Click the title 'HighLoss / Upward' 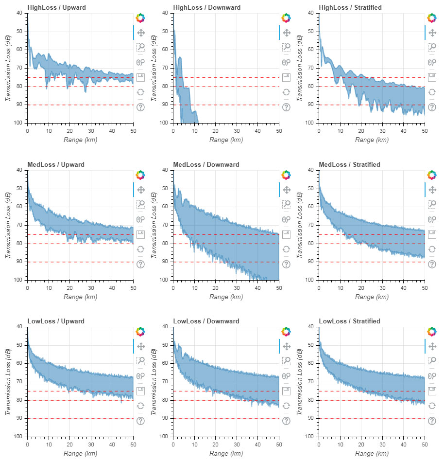click(x=56, y=8)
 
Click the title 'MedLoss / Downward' click(x=206, y=165)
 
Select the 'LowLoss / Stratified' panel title click(x=350, y=321)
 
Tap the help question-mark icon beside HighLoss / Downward click(x=286, y=107)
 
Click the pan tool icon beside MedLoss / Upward click(x=141, y=190)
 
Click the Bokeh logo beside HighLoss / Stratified click(x=431, y=18)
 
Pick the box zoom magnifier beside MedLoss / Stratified click(x=431, y=204)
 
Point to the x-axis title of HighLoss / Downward click(x=226, y=140)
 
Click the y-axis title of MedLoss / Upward click(x=8, y=225)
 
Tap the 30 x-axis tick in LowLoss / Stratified click(x=382, y=444)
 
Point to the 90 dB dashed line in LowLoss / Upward click(x=80, y=419)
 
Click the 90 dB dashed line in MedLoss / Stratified click(x=372, y=262)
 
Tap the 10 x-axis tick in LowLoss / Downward click(x=194, y=444)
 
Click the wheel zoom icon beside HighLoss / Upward click(x=141, y=62)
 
